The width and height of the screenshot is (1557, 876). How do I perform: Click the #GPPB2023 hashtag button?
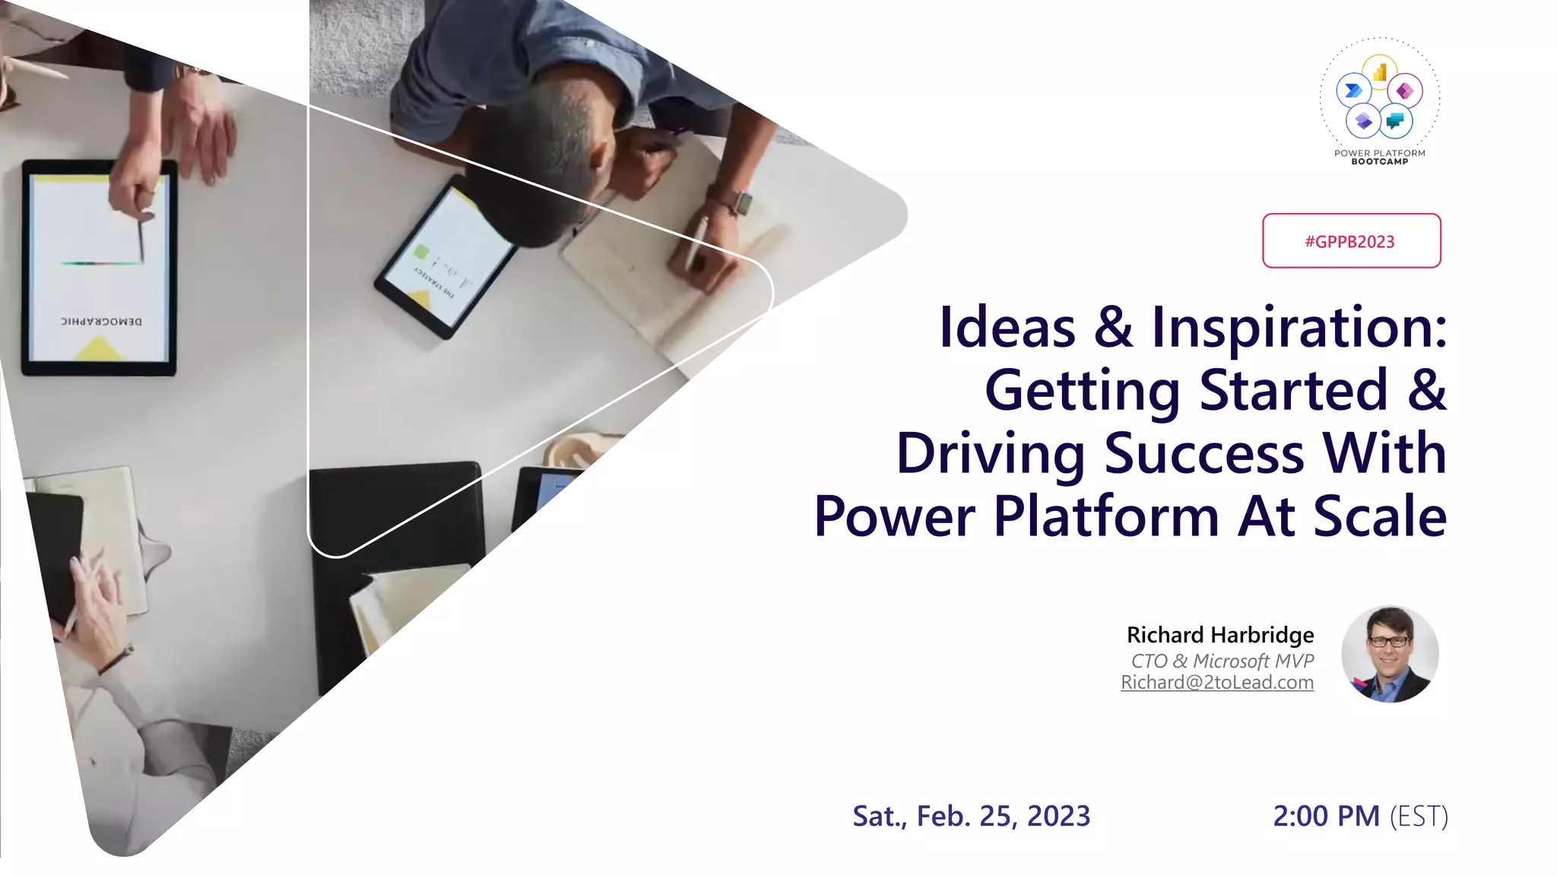point(1351,241)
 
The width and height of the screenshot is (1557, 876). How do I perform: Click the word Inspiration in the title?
point(1299,328)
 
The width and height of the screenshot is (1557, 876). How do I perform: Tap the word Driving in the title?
point(990,454)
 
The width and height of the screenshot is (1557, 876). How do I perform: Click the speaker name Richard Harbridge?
point(1219,635)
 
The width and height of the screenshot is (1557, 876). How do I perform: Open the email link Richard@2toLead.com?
point(1216,683)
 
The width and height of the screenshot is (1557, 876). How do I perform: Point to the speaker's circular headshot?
point(1389,654)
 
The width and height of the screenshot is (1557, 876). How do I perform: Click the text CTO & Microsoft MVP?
point(1222,660)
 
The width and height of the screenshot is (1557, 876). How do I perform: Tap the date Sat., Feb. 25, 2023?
point(971,816)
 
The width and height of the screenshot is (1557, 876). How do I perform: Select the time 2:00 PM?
point(1326,816)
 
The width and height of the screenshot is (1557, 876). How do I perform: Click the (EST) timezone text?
point(1419,816)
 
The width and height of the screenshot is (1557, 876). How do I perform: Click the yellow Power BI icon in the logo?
point(1380,72)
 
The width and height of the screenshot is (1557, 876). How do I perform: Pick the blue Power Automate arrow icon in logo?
point(1353,91)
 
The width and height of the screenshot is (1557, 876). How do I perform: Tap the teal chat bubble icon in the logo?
point(1395,120)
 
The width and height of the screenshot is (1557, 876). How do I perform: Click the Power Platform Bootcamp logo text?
point(1379,157)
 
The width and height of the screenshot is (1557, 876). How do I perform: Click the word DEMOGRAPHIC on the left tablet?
point(101,321)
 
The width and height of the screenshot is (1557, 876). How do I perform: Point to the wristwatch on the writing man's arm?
point(737,202)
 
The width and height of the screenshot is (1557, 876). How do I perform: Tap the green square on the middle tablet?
point(421,252)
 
